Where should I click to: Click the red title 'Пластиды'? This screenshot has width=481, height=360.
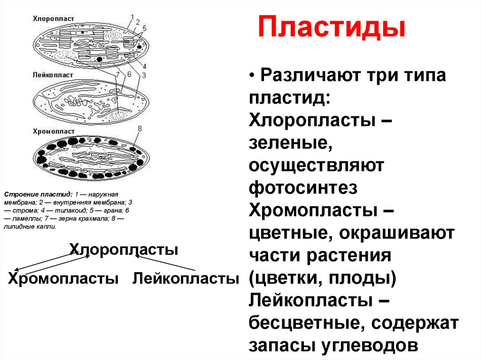331,28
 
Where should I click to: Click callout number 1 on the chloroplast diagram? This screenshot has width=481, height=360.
132,16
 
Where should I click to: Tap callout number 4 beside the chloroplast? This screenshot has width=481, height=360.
144,66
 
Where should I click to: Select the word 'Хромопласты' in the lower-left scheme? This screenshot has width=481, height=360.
63,278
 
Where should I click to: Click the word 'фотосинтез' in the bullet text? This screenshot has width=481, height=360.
303,188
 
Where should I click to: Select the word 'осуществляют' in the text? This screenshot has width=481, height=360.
317,165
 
